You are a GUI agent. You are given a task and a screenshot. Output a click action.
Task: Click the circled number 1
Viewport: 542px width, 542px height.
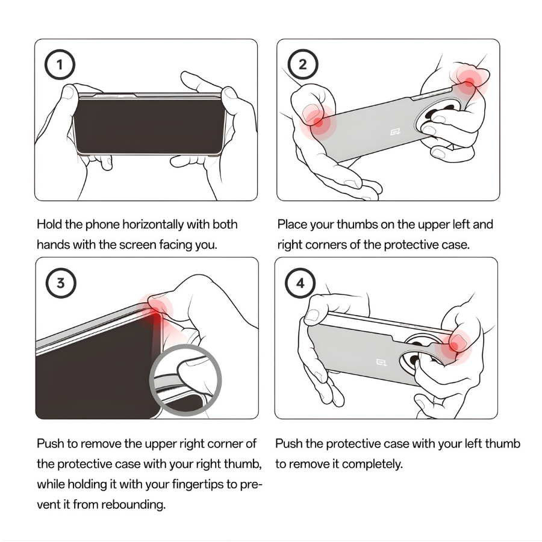tap(60, 64)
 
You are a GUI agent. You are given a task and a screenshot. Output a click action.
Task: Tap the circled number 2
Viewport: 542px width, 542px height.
tap(303, 64)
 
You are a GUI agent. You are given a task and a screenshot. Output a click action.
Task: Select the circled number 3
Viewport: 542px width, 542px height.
tap(61, 283)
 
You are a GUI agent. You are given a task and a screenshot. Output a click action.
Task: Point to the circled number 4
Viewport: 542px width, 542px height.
tap(300, 283)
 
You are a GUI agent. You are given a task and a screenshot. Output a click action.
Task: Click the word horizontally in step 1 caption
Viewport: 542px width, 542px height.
tap(153, 225)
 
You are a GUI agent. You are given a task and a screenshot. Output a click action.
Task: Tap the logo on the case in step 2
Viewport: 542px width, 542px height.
tap(395, 132)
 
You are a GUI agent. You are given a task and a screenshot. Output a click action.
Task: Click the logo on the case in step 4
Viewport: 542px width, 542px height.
tap(381, 362)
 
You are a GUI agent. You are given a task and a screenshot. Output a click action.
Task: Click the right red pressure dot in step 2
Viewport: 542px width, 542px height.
tap(469, 83)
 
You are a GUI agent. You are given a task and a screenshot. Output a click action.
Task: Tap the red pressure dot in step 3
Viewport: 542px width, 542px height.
tap(155, 312)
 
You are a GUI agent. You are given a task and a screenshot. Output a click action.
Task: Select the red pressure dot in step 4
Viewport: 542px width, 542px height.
tap(454, 346)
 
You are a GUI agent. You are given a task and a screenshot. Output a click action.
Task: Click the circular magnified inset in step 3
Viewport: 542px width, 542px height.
tap(185, 380)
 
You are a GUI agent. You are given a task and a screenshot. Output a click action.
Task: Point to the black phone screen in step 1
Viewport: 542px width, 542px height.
tap(149, 125)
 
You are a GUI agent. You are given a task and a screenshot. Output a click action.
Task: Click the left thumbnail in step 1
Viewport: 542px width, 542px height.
tap(69, 93)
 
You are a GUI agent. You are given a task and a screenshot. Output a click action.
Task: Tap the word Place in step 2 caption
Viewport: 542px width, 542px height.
tap(292, 225)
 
